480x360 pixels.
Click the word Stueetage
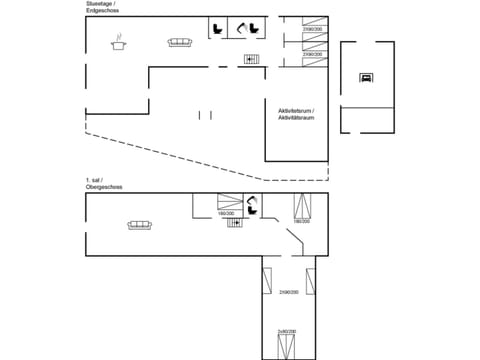[x=100, y=5]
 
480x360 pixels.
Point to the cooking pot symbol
[x=120, y=42]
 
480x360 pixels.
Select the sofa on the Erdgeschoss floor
[x=180, y=42]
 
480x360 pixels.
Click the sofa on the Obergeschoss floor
[x=139, y=225]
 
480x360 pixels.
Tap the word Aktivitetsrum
[x=296, y=111]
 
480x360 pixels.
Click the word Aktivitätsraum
[x=296, y=118]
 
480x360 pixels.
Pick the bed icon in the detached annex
[x=366, y=77]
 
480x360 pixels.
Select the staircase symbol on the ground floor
[x=250, y=60]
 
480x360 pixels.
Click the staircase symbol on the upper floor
[x=236, y=223]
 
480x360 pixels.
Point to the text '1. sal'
[x=93, y=180]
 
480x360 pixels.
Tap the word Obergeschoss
[x=103, y=187]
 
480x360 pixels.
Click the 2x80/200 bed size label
[x=287, y=331]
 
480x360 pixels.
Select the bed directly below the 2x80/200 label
[x=287, y=346]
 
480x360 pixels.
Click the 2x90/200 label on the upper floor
[x=289, y=291]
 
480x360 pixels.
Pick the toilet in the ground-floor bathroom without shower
[x=217, y=28]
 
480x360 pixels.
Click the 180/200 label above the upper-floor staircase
[x=226, y=213]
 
